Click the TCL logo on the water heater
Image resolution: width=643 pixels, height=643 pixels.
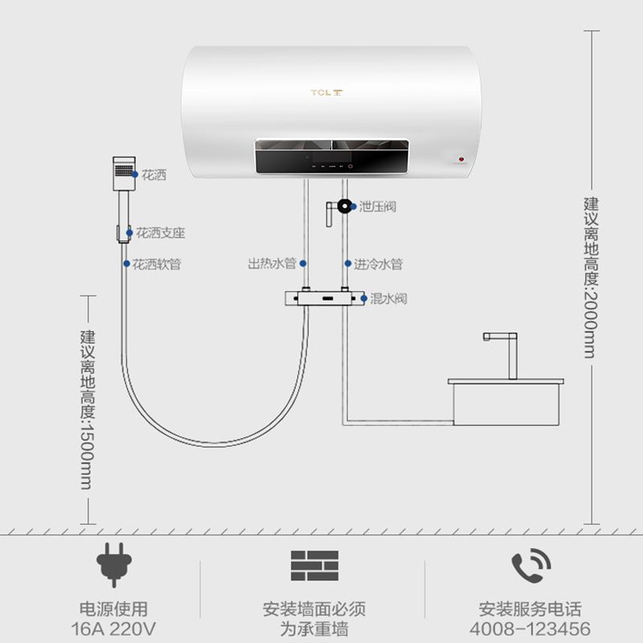pyautogui.click(x=326, y=92)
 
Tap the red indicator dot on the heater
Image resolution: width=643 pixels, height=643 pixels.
pyautogui.click(x=461, y=159)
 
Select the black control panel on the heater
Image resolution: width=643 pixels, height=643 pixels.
pyautogui.click(x=332, y=157)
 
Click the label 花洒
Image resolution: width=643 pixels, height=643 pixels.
pyautogui.click(x=154, y=175)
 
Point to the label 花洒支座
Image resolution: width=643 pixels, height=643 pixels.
pyautogui.click(x=160, y=233)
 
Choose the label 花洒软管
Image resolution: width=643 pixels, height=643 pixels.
pyautogui.click(x=157, y=264)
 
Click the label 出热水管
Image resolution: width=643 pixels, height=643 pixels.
pyautogui.click(x=272, y=264)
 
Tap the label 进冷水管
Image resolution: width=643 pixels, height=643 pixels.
pyautogui.click(x=378, y=264)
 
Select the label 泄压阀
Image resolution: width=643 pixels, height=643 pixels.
pyautogui.click(x=378, y=207)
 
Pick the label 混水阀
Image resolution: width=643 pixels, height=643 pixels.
pyautogui.click(x=388, y=298)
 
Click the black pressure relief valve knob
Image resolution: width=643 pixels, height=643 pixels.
pyautogui.click(x=345, y=207)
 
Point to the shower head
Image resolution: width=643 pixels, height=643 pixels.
pyautogui.click(x=124, y=173)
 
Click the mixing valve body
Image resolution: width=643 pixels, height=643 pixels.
pyautogui.click(x=325, y=298)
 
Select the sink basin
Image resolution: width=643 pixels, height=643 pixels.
pyautogui.click(x=506, y=402)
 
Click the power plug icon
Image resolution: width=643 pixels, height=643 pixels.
pyautogui.click(x=114, y=565)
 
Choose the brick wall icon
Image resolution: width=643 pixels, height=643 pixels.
pyautogui.click(x=314, y=566)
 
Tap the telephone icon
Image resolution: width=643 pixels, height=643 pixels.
pyautogui.click(x=530, y=566)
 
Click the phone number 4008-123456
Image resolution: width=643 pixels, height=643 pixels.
pyautogui.click(x=530, y=629)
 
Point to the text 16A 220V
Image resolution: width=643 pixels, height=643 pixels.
pyautogui.click(x=113, y=629)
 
